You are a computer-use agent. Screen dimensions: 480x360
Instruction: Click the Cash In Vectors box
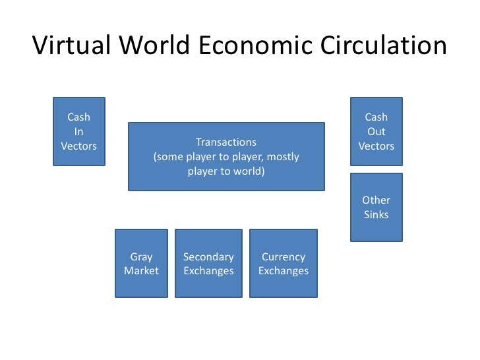pos(79,131)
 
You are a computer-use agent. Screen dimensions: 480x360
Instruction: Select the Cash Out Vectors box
pos(376,131)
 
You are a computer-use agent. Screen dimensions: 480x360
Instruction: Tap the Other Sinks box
pos(376,207)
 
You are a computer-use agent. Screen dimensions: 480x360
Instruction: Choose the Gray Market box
pos(141,263)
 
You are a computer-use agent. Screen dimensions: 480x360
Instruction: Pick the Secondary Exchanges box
pos(208,263)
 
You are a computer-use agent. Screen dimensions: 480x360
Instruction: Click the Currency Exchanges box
pos(284,263)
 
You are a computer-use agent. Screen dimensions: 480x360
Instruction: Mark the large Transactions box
pos(226,156)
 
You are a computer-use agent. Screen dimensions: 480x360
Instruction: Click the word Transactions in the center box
pos(226,142)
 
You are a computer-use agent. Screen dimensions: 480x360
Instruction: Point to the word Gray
pos(141,257)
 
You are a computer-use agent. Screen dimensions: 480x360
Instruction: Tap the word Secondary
pos(208,256)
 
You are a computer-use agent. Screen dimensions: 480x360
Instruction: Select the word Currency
pos(284,257)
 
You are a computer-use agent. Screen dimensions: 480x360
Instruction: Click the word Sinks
pos(376,214)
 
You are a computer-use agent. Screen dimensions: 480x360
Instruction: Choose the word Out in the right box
pos(376,132)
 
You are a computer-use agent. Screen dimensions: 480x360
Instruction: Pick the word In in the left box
pos(79,132)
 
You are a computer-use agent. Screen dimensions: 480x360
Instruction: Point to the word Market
pos(141,271)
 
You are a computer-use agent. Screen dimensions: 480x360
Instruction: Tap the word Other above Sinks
pos(376,200)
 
